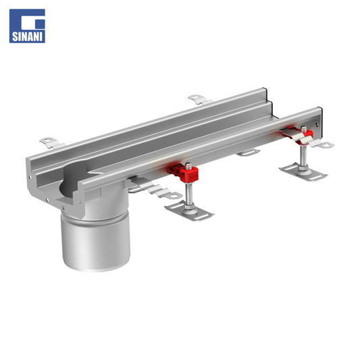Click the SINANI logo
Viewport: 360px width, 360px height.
pos(27,26)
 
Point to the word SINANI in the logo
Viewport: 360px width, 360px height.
pos(27,36)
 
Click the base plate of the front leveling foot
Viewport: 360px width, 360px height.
pos(189,211)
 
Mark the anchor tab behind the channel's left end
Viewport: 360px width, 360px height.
pos(52,143)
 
